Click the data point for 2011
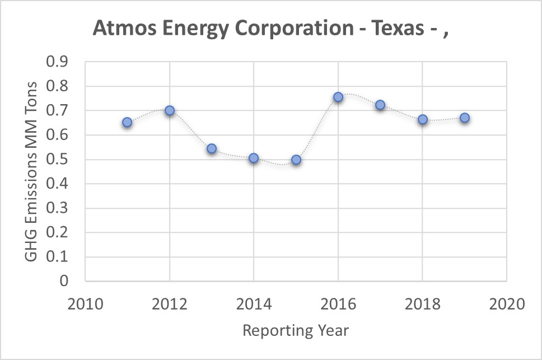tap(127, 122)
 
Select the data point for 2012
tap(170, 110)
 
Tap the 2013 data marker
tap(212, 149)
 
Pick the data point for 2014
tap(254, 158)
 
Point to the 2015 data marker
tap(296, 160)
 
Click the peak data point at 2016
tap(338, 97)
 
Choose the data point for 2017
tap(380, 105)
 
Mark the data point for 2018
tap(423, 119)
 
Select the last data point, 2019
tap(465, 118)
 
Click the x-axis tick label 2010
tap(85, 305)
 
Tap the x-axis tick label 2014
tap(254, 305)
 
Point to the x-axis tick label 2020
tap(507, 305)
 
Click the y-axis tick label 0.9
tap(57, 62)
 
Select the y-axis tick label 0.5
tap(57, 160)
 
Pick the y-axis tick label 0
tap(63, 281)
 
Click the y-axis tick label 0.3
tap(57, 208)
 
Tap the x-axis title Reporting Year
tap(296, 331)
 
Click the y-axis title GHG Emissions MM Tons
tap(32, 171)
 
